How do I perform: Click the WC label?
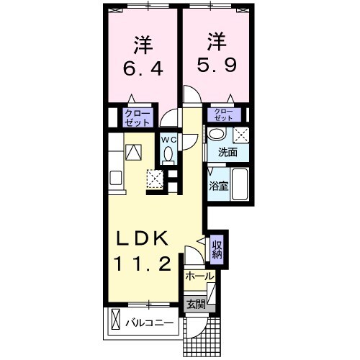(167, 138)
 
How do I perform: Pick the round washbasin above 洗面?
(216, 134)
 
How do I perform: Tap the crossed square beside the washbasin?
(241, 135)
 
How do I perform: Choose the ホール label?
(199, 276)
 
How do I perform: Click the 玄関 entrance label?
(195, 305)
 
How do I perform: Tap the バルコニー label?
(149, 323)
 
